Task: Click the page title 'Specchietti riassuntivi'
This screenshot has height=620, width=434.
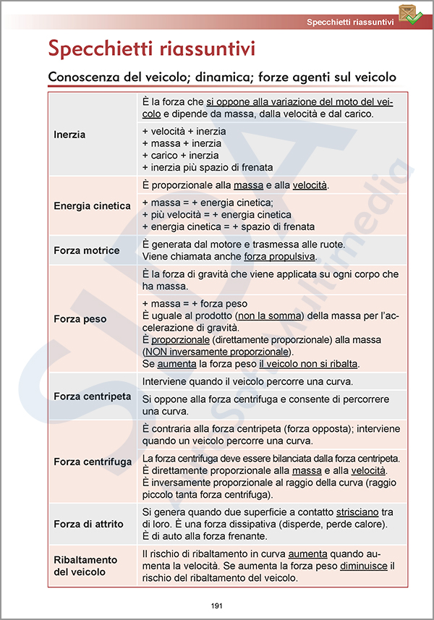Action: point(151,49)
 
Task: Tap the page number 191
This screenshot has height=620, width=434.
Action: point(217,606)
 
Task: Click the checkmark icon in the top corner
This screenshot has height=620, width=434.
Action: point(410,15)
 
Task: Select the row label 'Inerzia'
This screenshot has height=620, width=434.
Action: point(69,135)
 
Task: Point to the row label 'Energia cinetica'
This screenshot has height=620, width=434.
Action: point(92,206)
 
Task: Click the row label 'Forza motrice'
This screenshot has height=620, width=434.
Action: point(87,251)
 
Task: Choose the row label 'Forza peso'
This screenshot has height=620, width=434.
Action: point(80,319)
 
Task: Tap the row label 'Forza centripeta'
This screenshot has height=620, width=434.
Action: point(93,397)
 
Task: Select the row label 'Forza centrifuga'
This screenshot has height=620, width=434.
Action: point(93,462)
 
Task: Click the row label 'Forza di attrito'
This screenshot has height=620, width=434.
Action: point(88,524)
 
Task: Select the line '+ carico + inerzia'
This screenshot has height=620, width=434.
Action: point(180,156)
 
